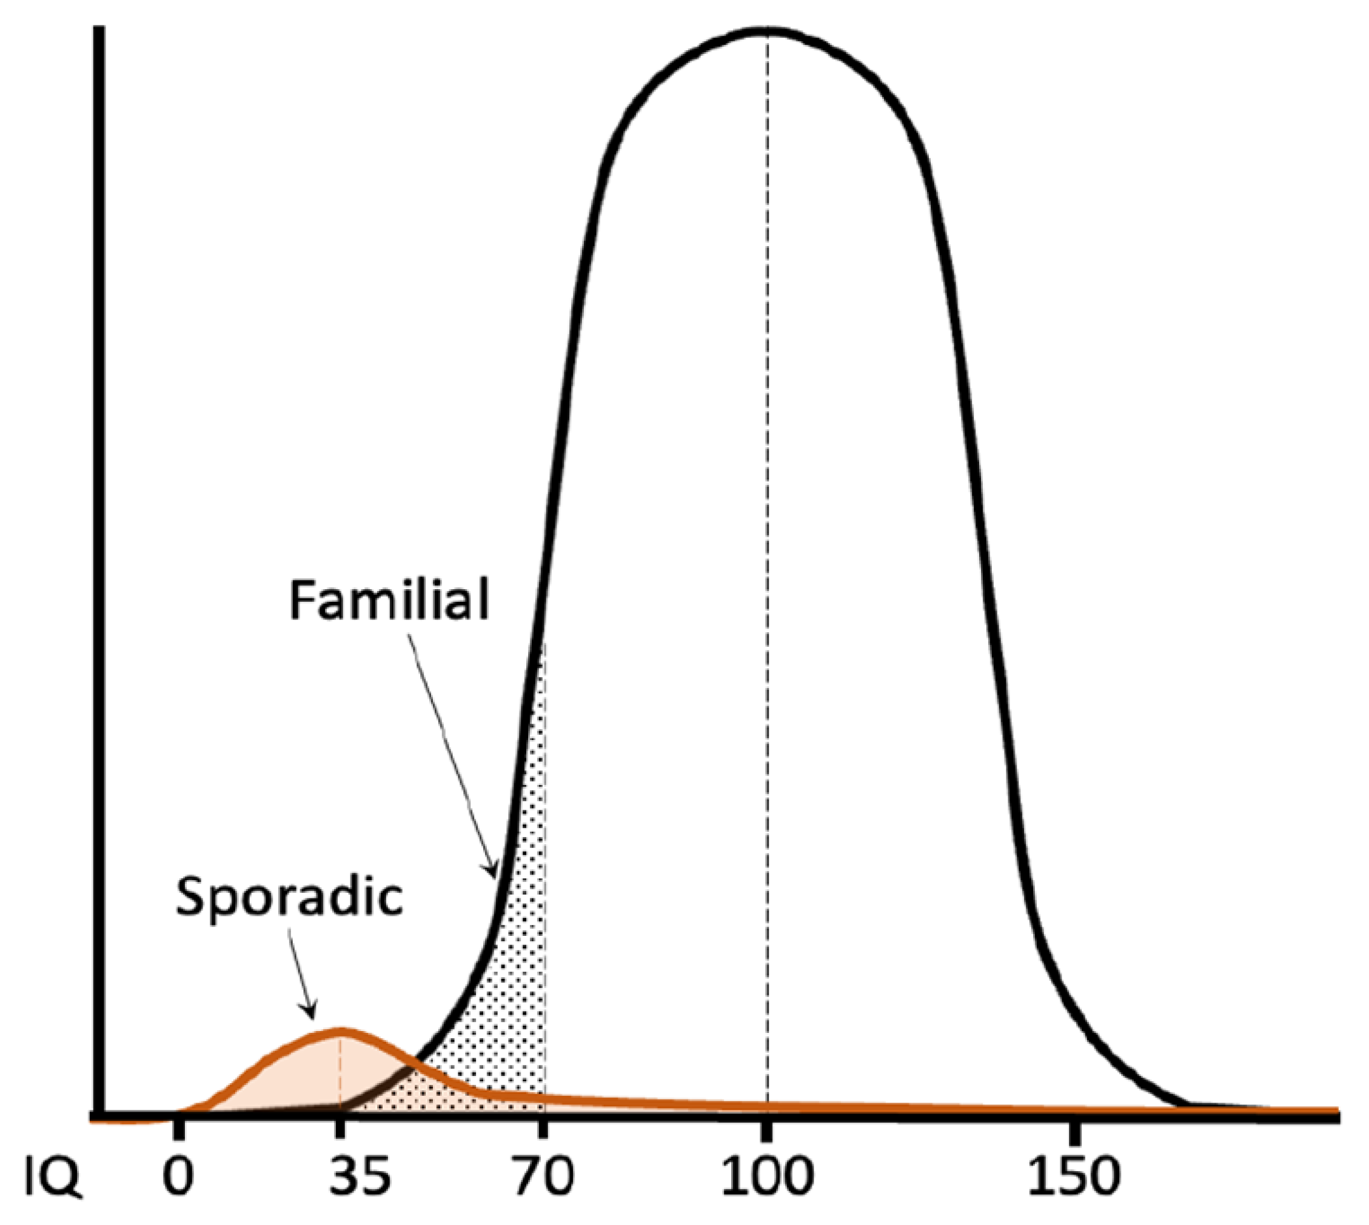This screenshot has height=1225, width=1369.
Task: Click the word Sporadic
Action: coord(290,897)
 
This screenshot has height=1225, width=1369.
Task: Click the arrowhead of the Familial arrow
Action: coord(494,872)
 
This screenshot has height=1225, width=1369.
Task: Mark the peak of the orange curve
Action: coord(341,1030)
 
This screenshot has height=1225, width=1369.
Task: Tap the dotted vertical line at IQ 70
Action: coord(544,875)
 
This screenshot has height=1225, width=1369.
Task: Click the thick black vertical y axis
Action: coord(99,538)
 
